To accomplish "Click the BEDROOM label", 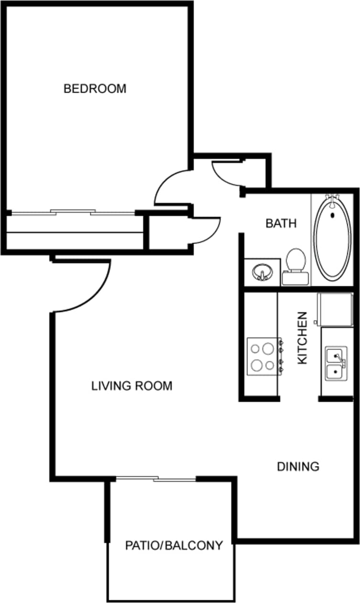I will point(95,88).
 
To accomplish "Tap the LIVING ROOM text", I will point(131,386).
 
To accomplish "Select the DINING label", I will point(298,466).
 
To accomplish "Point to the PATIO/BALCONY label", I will point(174,545).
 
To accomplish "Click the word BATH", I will point(281,223).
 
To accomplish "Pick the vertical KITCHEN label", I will point(302,338).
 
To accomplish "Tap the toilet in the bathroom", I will point(295,260).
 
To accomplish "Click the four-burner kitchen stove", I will point(263,356).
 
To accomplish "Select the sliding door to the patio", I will point(156,478).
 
